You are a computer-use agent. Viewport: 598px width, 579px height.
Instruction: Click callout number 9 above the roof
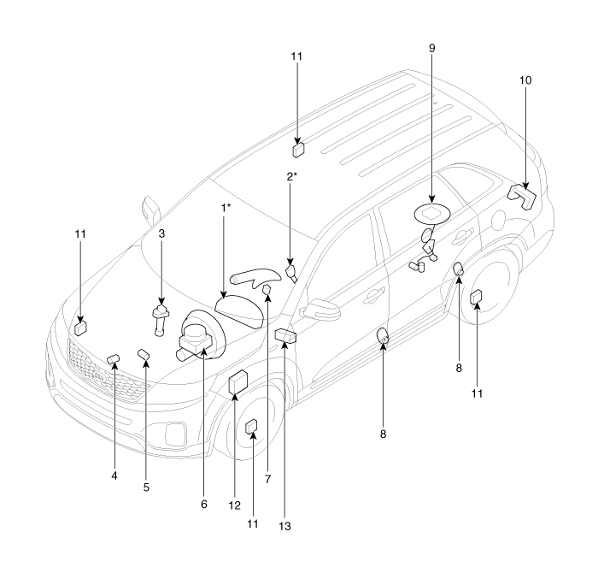point(431,48)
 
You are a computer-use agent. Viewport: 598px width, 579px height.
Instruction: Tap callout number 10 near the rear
point(525,80)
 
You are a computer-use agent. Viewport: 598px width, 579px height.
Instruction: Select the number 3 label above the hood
point(161,233)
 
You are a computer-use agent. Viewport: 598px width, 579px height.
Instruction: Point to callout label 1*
point(226,208)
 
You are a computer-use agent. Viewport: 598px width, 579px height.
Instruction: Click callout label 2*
point(291,177)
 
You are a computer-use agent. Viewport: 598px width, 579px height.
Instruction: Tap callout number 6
point(203,505)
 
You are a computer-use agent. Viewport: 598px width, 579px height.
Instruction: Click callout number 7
point(267,480)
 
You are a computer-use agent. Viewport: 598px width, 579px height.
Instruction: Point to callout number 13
point(285,526)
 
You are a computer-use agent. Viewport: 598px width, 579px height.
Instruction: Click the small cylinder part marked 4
point(113,357)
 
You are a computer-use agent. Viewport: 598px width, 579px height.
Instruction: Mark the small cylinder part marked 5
point(144,354)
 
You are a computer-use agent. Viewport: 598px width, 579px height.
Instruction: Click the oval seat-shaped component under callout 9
point(431,212)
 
